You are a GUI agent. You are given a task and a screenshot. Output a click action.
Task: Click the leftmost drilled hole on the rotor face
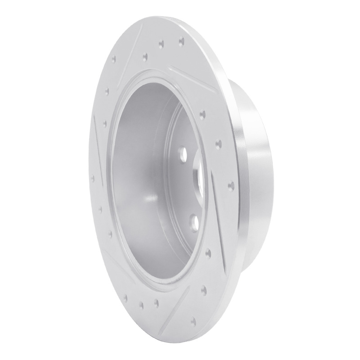(x=93, y=177)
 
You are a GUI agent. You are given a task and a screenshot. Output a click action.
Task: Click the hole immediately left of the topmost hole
(x=161, y=44)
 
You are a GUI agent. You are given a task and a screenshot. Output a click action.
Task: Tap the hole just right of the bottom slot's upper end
(x=205, y=288)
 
